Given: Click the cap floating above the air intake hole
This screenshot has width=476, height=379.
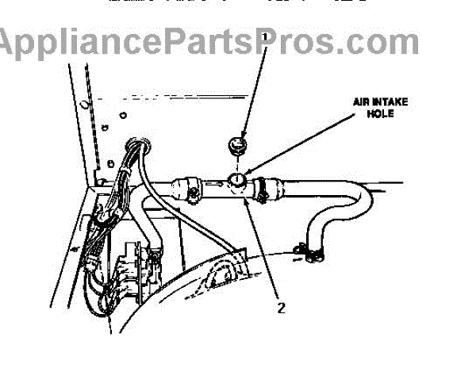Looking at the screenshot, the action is pyautogui.click(x=236, y=144).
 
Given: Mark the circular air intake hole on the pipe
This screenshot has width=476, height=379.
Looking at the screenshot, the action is pyautogui.click(x=236, y=182).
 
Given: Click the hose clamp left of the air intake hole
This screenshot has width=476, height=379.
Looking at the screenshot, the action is pyautogui.click(x=192, y=188).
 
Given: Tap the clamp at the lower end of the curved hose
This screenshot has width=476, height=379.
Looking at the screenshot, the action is pyautogui.click(x=312, y=252).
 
